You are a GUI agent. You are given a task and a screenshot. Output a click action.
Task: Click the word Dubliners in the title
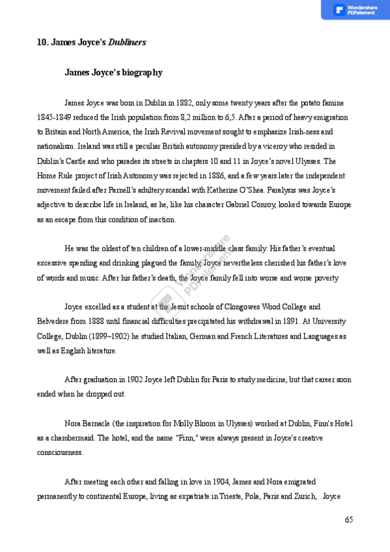[x=127, y=42]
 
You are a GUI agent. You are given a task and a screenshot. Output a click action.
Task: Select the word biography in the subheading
[x=141, y=72]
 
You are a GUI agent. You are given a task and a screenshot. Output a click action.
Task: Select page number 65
[x=349, y=519]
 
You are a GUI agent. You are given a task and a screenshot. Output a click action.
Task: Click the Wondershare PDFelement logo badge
[x=355, y=10]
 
